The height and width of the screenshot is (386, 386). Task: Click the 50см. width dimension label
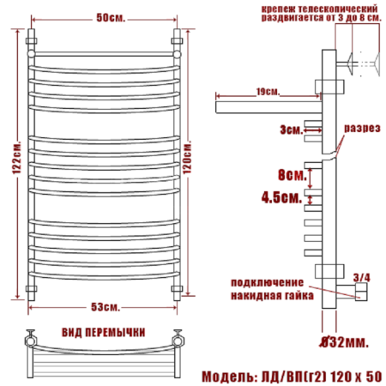(x=107, y=18)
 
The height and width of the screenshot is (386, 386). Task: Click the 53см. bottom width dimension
(x=107, y=306)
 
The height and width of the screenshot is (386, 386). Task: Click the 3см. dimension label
(x=290, y=130)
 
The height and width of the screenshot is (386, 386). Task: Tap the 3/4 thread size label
(x=362, y=276)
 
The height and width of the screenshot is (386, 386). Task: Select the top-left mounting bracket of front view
(x=33, y=40)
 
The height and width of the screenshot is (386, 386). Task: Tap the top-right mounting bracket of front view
(x=180, y=40)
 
